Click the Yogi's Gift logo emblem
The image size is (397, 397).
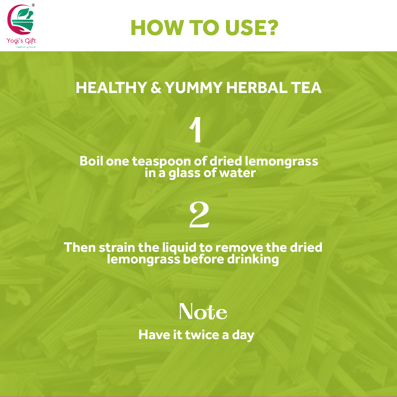pyautogui.click(x=20, y=20)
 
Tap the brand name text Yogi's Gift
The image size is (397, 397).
pyautogui.click(x=21, y=41)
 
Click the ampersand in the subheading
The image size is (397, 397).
pyautogui.click(x=156, y=88)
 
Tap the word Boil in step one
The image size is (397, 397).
pyautogui.click(x=91, y=161)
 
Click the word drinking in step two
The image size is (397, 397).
pyautogui.click(x=253, y=260)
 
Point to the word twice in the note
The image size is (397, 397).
pyautogui.click(x=202, y=334)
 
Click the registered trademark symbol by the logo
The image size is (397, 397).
pyautogui.click(x=33, y=5)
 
